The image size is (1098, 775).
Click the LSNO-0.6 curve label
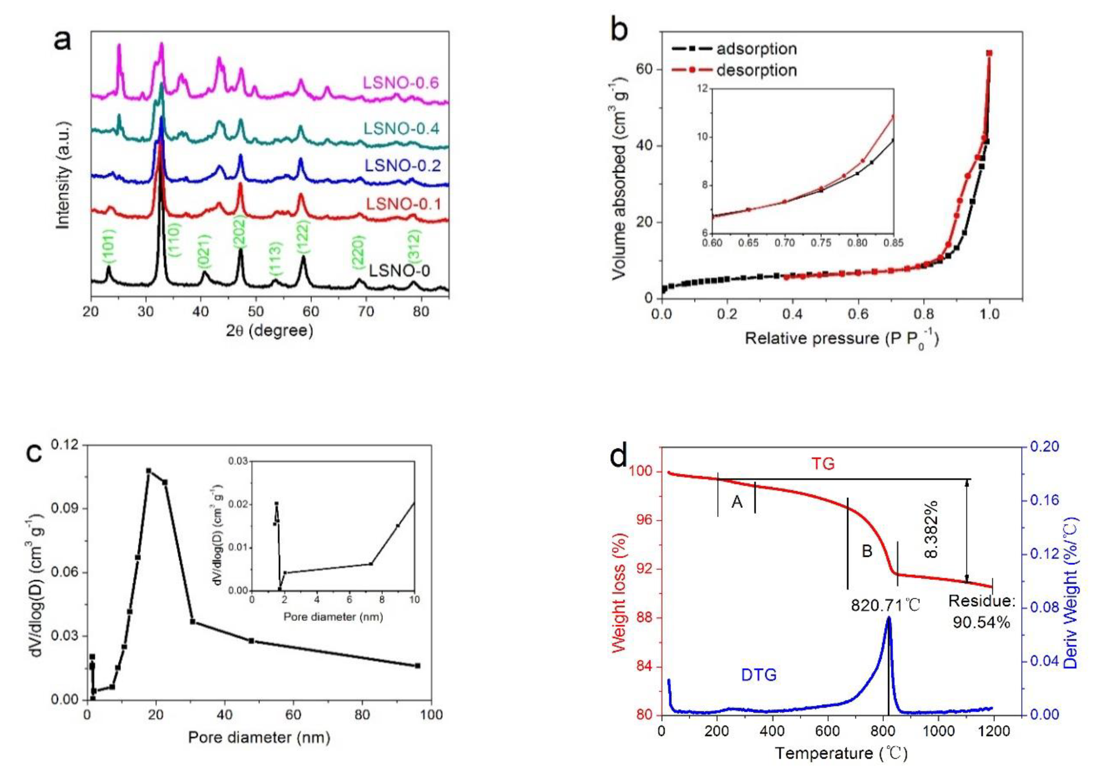[401, 83]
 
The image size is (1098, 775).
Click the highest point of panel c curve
[149, 471]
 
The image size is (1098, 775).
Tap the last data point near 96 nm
[417, 666]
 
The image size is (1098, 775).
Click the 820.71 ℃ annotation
[885, 605]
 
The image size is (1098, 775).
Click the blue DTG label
[759, 675]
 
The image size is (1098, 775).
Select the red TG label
[823, 463]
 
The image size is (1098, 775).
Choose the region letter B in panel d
[867, 551]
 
